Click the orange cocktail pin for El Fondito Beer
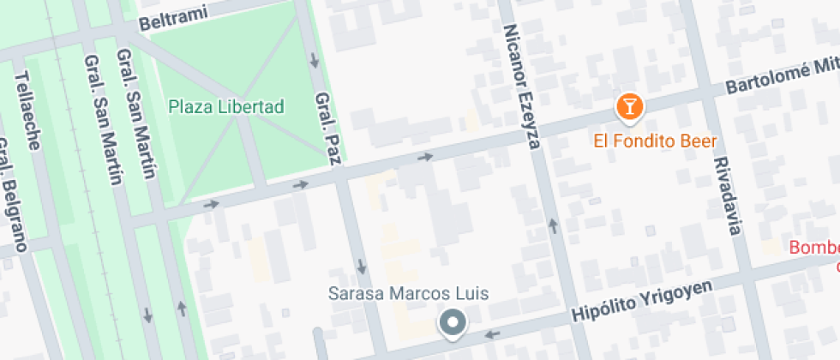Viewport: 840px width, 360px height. click(x=630, y=107)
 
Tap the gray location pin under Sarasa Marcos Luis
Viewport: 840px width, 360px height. click(x=452, y=324)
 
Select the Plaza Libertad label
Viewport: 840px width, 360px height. click(x=225, y=107)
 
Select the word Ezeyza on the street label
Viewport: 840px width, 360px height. click(x=527, y=120)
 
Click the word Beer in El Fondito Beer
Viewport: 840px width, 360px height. click(x=699, y=141)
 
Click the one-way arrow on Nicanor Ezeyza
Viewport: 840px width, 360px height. click(x=553, y=226)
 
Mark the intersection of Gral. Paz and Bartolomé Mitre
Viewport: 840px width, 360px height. click(x=341, y=176)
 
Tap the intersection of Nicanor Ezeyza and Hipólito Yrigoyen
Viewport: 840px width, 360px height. click(x=569, y=320)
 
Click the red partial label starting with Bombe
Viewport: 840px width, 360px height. click(x=813, y=249)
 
